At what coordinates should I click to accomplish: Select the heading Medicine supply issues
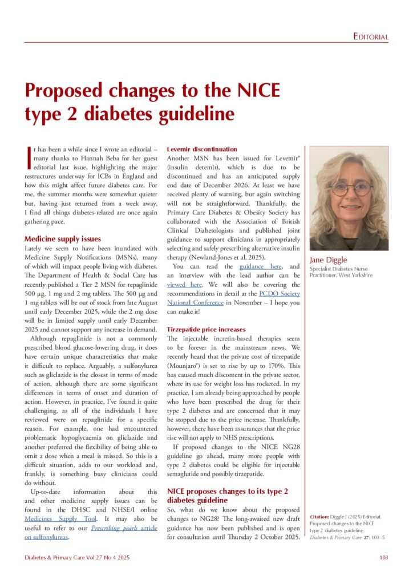[x=63, y=239]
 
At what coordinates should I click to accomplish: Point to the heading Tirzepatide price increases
[x=205, y=329]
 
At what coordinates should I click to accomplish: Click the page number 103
[x=383, y=557]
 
